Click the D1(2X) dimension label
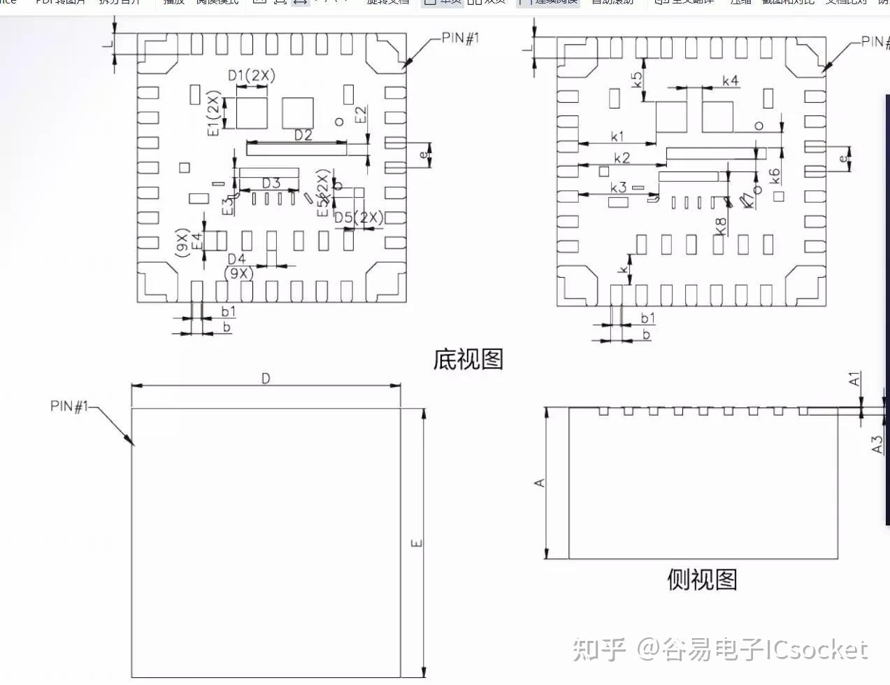click(x=252, y=76)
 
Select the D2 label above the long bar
click(x=303, y=135)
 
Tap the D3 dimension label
click(x=271, y=183)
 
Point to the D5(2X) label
click(x=359, y=218)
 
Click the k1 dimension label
click(x=617, y=136)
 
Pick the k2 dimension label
click(x=622, y=158)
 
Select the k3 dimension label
click(x=619, y=188)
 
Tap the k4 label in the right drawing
click(x=730, y=81)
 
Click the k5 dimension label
click(x=637, y=80)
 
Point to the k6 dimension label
click(x=775, y=176)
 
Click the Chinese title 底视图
click(x=468, y=360)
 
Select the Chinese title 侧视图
click(x=702, y=579)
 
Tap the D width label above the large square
click(x=266, y=379)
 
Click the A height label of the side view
click(x=540, y=483)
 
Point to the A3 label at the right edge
click(x=877, y=444)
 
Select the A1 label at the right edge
click(x=854, y=379)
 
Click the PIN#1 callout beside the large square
click(x=69, y=406)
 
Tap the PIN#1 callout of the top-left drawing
click(x=461, y=38)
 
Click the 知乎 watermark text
click(x=599, y=650)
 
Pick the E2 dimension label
click(x=361, y=115)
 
